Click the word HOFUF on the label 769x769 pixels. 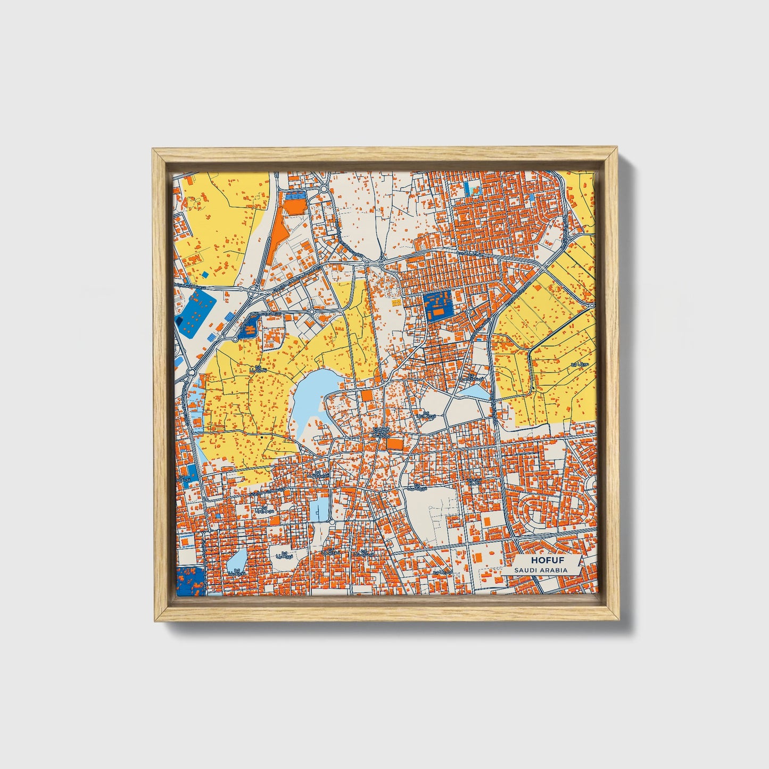pyautogui.click(x=547, y=560)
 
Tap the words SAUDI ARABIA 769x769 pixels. pyautogui.click(x=541, y=570)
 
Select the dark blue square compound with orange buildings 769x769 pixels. pyautogui.click(x=436, y=304)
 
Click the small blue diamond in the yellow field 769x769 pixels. pyautogui.click(x=205, y=275)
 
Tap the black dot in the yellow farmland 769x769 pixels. pyautogui.click(x=262, y=436)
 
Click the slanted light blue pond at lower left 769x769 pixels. pyautogui.click(x=237, y=559)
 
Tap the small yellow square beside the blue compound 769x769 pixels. pyautogui.click(x=395, y=302)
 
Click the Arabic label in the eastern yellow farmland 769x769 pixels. pyautogui.click(x=578, y=364)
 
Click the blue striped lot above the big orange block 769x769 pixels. pyautogui.click(x=295, y=196)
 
